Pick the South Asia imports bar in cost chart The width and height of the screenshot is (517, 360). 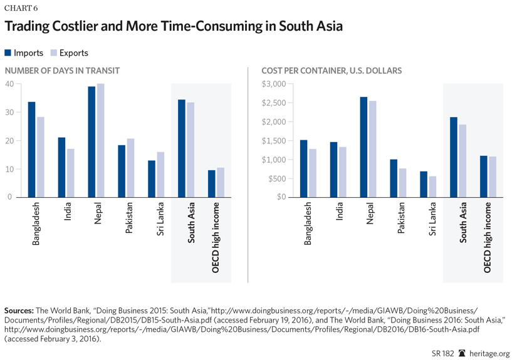[453, 157]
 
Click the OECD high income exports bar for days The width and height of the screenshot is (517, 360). [220, 182]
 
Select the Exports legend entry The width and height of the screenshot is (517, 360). [69, 53]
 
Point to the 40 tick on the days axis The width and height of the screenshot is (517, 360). [9, 84]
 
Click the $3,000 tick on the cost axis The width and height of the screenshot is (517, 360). [274, 84]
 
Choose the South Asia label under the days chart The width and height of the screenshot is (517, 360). [191, 222]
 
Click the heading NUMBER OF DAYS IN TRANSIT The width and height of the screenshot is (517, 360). [62, 71]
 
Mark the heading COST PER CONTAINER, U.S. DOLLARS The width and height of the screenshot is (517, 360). [332, 71]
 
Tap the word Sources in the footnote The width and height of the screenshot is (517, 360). [19, 311]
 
